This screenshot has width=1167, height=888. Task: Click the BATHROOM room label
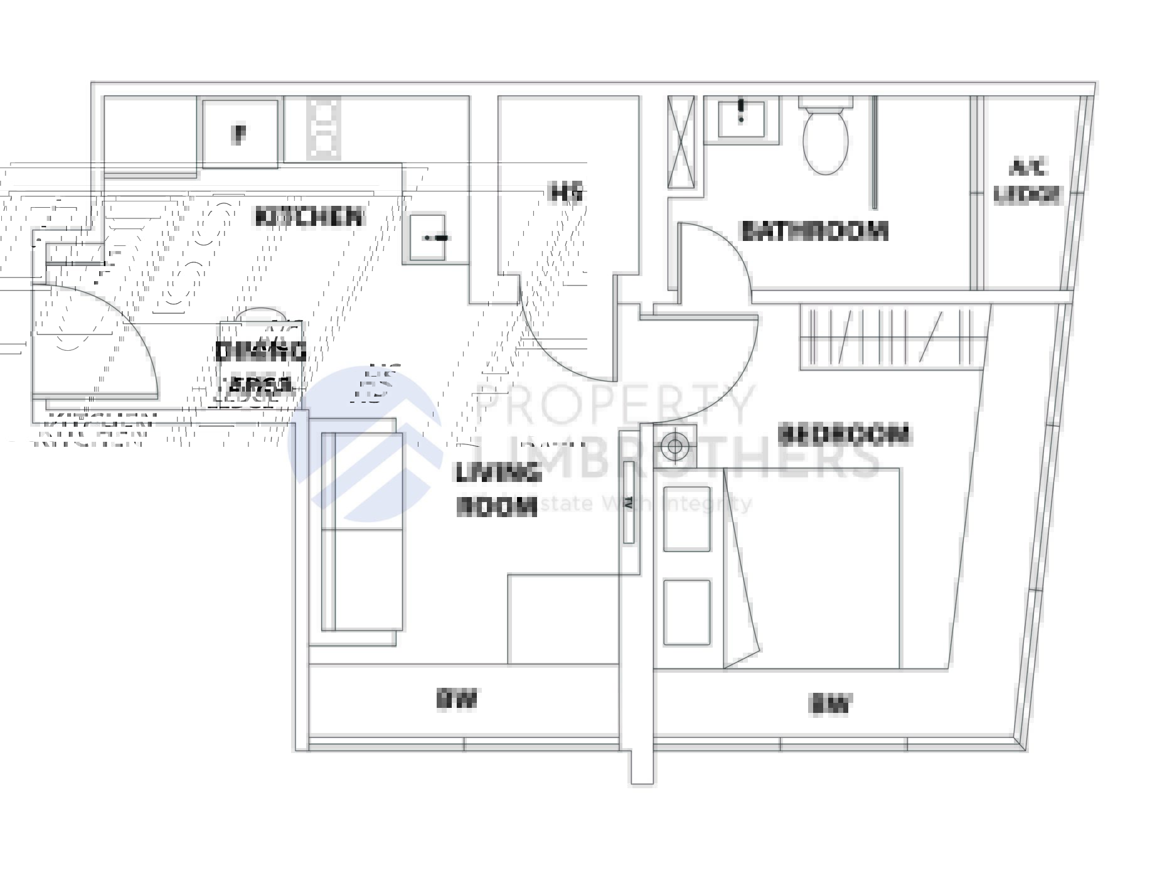[x=814, y=231]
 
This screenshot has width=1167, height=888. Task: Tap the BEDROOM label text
[x=843, y=434]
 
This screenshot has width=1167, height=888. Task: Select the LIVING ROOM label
[x=498, y=489]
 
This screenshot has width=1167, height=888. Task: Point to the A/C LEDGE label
[x=1027, y=182]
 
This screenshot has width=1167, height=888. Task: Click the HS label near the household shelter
[x=567, y=192]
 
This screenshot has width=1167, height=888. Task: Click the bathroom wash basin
[x=742, y=118]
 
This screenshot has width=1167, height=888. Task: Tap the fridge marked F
[x=240, y=134]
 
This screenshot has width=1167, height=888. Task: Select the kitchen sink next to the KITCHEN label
[x=428, y=237]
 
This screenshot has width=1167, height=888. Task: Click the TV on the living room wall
[x=628, y=502]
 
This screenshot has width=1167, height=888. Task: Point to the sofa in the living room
[x=361, y=531]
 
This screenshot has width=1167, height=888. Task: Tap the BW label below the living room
[x=457, y=699]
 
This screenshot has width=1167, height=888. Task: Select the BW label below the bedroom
[x=830, y=704]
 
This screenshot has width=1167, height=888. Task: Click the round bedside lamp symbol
[x=674, y=446]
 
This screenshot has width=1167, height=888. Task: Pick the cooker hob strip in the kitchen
[x=323, y=128]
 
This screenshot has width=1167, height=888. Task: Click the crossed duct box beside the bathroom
[x=681, y=142]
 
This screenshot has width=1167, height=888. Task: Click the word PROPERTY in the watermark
[x=615, y=405]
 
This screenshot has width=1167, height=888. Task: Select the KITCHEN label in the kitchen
[x=309, y=217]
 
